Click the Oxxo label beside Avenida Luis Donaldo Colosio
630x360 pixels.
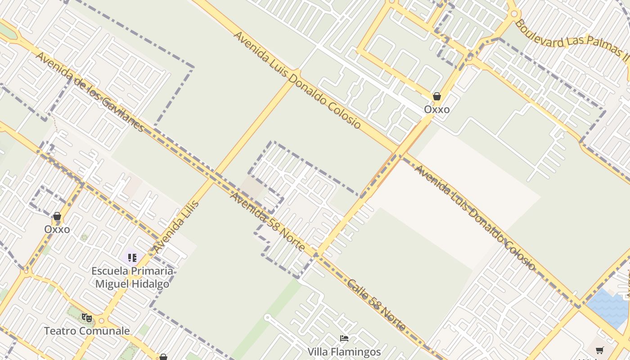click(436, 109)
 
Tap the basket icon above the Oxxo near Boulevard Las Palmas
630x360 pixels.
click(436, 96)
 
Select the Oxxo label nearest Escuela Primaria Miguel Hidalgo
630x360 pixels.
click(57, 229)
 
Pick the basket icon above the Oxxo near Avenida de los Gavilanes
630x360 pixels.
click(57, 216)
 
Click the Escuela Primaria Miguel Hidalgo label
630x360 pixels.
click(132, 277)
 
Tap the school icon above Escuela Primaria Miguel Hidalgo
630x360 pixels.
click(132, 258)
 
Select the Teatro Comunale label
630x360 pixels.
click(87, 331)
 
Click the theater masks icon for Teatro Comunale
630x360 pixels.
click(87, 318)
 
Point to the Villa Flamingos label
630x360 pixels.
click(344, 351)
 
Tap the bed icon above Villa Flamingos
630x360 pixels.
click(344, 338)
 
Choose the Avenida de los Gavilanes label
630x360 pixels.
click(90, 92)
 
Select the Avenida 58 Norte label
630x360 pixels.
click(268, 222)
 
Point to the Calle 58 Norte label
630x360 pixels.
click(377, 305)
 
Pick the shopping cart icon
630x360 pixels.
click(599, 350)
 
